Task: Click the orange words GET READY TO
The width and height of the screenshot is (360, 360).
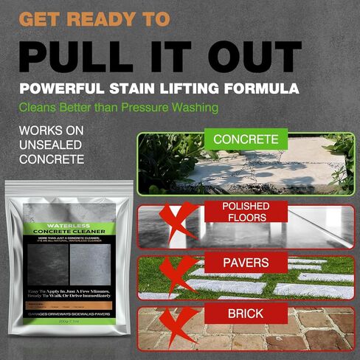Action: (95, 18)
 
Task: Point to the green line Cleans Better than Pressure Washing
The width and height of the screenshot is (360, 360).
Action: (119, 108)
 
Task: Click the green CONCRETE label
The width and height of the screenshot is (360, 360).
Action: (246, 139)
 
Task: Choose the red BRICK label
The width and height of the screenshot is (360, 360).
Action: (246, 314)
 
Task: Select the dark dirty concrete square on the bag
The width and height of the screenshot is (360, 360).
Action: (48, 263)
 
